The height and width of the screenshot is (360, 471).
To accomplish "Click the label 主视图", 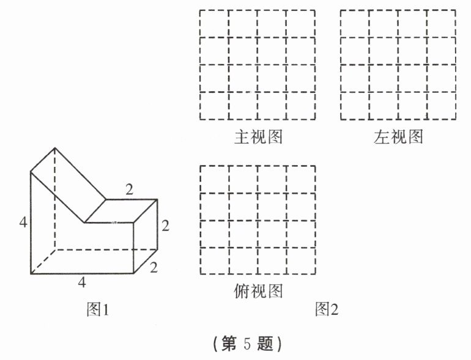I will [x=258, y=136].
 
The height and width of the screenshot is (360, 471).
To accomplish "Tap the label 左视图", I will [x=398, y=136].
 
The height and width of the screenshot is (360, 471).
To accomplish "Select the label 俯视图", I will [x=258, y=291].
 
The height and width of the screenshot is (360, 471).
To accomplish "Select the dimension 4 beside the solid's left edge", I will [x=23, y=222].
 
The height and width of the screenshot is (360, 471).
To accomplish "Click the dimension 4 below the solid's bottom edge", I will [x=81, y=282].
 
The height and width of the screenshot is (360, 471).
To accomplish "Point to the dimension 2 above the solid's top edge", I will [x=129, y=189].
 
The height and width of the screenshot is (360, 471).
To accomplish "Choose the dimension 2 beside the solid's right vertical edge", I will [x=165, y=226].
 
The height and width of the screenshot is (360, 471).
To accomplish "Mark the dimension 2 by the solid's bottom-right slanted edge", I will [x=154, y=267].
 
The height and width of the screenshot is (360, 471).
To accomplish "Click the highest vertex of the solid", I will [x=55, y=148].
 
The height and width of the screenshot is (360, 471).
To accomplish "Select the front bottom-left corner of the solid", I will [x=31, y=274].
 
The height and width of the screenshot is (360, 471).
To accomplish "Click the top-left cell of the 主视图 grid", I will [x=214, y=23].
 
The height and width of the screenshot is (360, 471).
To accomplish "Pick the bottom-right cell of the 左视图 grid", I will [x=441, y=106].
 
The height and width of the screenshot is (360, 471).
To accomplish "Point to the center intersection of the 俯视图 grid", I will [x=258, y=220].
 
